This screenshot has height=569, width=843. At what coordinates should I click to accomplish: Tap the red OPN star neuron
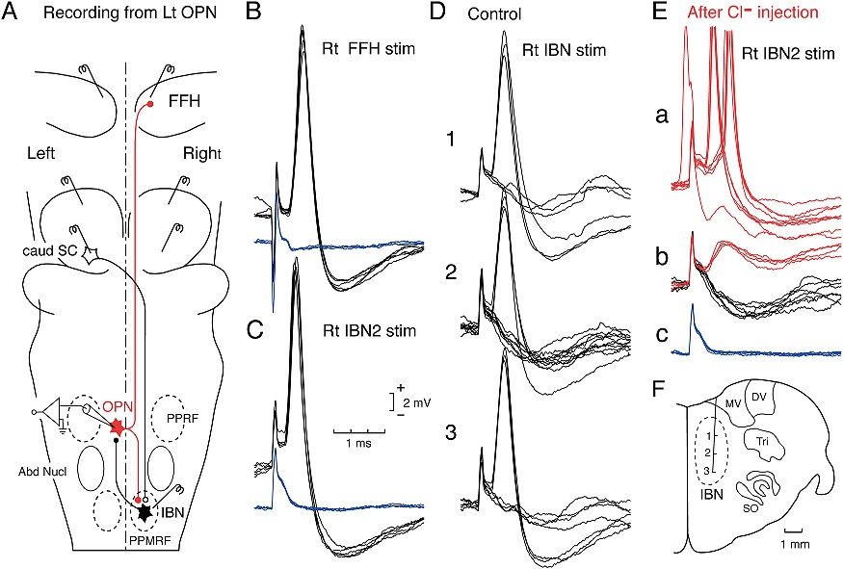coord(119,424)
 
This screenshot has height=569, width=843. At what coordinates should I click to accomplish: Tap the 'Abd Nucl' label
coord(39,472)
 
